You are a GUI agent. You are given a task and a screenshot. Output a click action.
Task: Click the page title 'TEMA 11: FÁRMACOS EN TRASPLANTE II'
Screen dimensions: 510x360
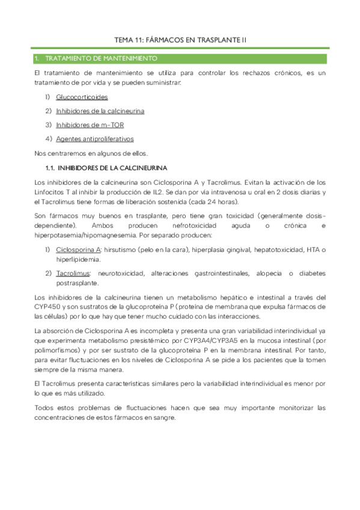tap(180, 40)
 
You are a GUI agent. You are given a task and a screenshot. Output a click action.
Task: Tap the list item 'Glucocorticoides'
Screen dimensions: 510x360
tap(82, 96)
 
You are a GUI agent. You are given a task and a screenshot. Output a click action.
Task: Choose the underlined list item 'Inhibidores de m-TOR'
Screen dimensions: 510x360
tap(90, 124)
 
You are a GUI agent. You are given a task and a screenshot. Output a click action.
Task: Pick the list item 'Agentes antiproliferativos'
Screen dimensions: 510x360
tap(94, 139)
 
